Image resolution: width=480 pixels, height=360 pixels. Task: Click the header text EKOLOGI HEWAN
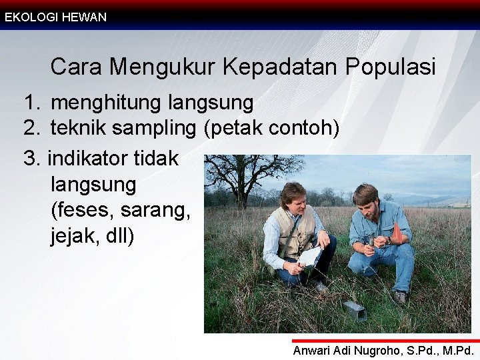pos(55,17)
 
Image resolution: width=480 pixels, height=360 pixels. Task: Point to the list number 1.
pos(31,103)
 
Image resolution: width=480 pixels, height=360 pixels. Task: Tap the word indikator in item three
pos(89,158)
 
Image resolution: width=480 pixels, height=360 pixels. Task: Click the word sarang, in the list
pos(156,211)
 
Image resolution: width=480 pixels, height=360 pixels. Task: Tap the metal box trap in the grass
pos(354,310)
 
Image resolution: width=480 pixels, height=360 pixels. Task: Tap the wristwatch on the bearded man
pos(388,240)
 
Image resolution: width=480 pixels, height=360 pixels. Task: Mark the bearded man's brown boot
pos(400,297)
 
